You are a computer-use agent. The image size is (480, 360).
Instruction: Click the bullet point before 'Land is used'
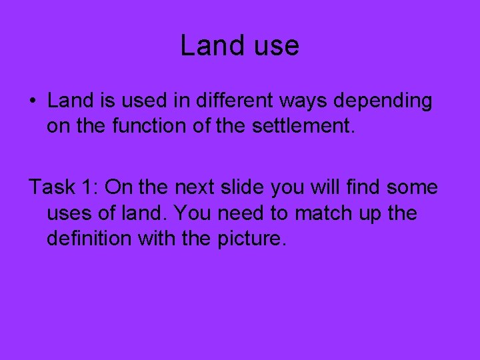click(x=33, y=101)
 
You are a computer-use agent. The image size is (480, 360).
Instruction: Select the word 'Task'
click(x=51, y=187)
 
